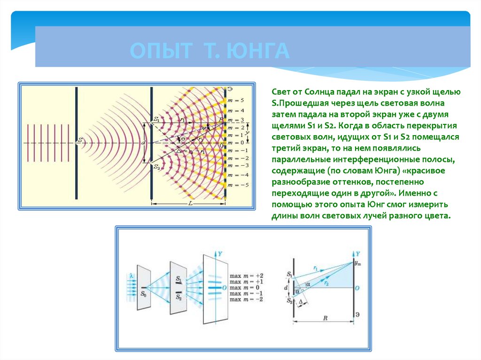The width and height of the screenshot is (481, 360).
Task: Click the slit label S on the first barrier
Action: (80, 140)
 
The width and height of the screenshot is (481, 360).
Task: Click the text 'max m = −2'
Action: (247, 299)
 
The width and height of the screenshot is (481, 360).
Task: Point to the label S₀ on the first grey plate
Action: (143, 294)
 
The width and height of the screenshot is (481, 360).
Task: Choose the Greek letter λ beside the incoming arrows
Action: (132, 275)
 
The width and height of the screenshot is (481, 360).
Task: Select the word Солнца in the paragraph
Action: (321, 92)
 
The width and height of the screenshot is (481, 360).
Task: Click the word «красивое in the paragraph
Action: (422, 170)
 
